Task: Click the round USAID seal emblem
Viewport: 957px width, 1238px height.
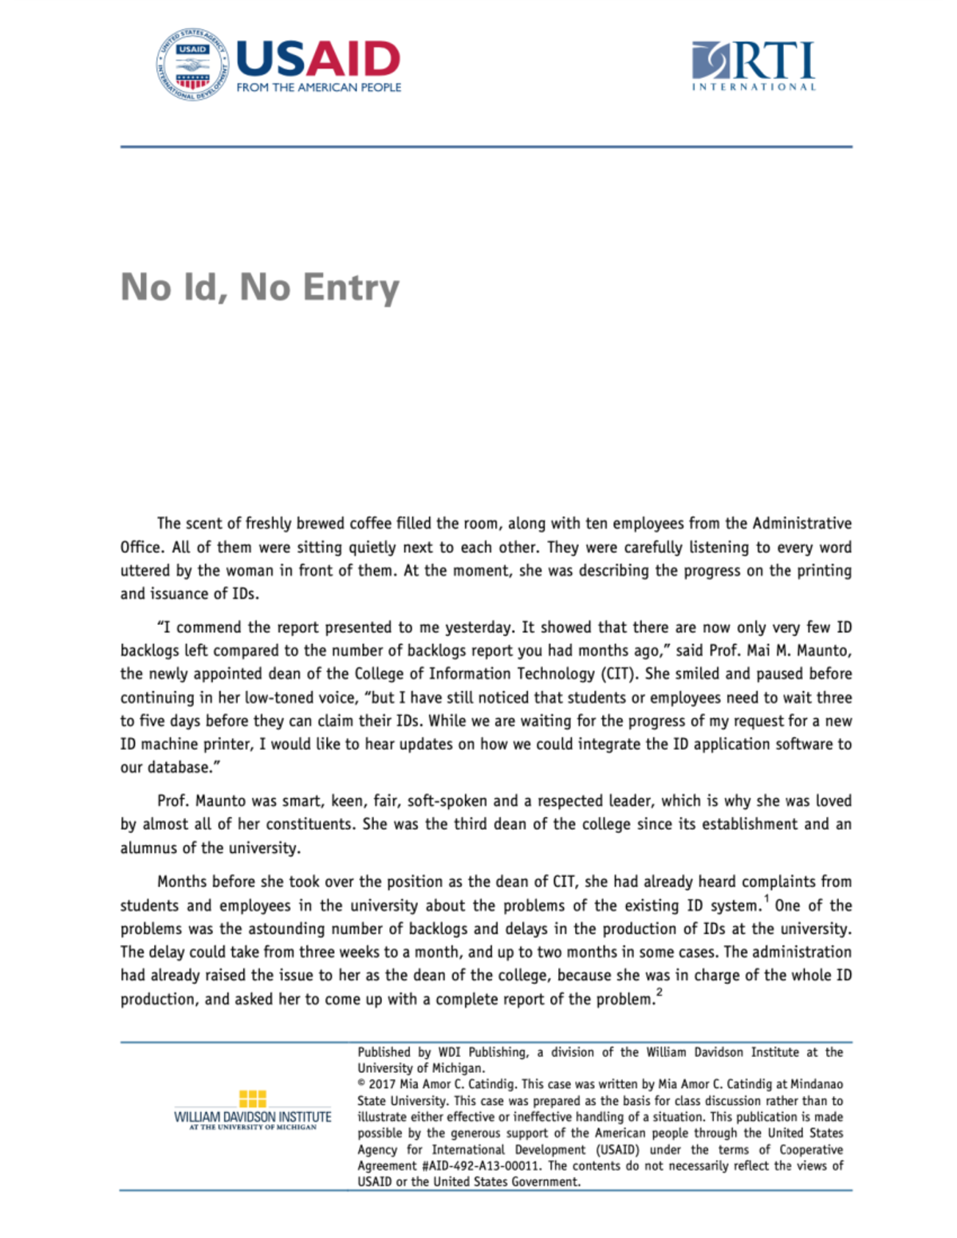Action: tap(191, 66)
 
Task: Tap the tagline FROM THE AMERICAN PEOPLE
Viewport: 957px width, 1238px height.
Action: tap(318, 88)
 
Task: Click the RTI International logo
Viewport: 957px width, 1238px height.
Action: tap(754, 66)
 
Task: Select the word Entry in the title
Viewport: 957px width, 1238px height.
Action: tap(351, 288)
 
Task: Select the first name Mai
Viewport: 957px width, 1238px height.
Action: tap(758, 650)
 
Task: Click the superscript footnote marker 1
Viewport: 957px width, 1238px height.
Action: tap(766, 899)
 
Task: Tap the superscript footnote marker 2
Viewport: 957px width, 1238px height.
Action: tap(660, 992)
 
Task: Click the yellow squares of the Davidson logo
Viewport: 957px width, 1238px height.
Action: tap(252, 1098)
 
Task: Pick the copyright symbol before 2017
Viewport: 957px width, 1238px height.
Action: tap(361, 1084)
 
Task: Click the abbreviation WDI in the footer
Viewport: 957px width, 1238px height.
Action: tap(449, 1052)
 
